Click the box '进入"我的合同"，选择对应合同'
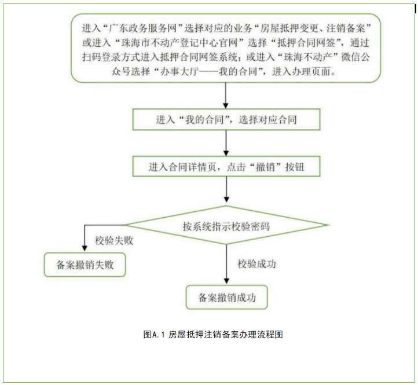point(226,120)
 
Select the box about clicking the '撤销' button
point(226,167)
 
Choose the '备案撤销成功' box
point(226,298)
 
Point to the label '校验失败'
point(113,240)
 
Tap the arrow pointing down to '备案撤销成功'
point(226,264)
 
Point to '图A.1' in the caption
point(155,335)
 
